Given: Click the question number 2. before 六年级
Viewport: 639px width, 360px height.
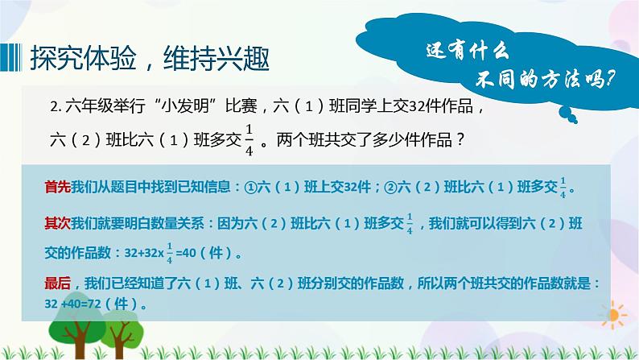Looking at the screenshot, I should click(54, 106).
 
